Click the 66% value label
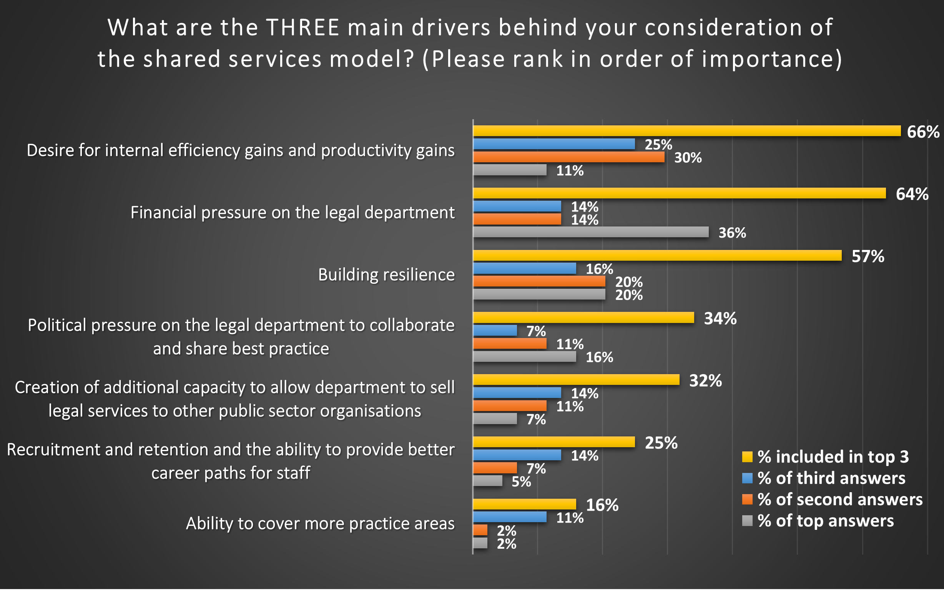pyautogui.click(x=923, y=132)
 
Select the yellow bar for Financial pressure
pyautogui.click(x=679, y=193)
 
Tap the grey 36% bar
pyautogui.click(x=591, y=232)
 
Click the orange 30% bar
pyautogui.click(x=568, y=157)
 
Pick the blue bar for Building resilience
pyautogui.click(x=524, y=268)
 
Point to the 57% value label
pyautogui.click(x=868, y=256)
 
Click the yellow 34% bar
pyautogui.click(x=583, y=317)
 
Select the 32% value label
pyautogui.click(x=705, y=381)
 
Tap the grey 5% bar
pyautogui.click(x=488, y=481)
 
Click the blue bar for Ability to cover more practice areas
pyautogui.click(x=510, y=517)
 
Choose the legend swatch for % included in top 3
pyautogui.click(x=747, y=457)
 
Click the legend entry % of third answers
pyautogui.click(x=831, y=478)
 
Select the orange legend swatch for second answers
pyautogui.click(x=747, y=499)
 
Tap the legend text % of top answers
pyautogui.click(x=825, y=521)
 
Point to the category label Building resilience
pyautogui.click(x=386, y=275)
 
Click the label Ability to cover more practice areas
pyautogui.click(x=320, y=523)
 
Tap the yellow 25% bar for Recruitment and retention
pyautogui.click(x=553, y=442)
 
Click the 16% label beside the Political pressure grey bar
pyautogui.click(x=599, y=357)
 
